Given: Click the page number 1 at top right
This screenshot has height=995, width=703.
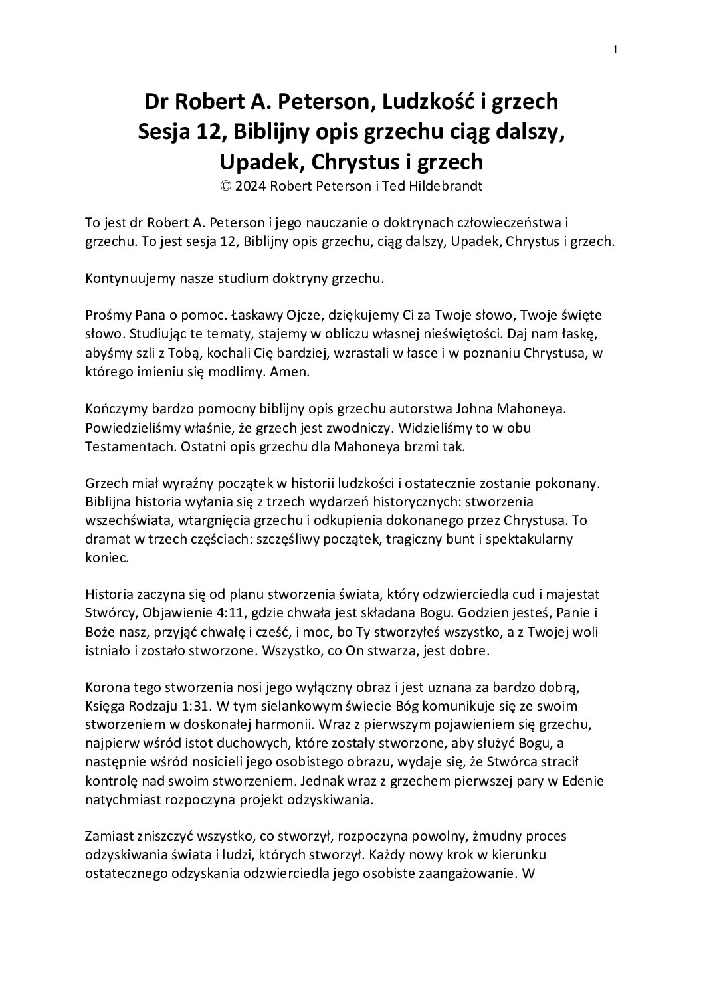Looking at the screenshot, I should [616, 49].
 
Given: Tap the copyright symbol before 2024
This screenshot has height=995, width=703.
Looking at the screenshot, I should [226, 187].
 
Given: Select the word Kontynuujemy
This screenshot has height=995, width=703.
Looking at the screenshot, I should [127, 279].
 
